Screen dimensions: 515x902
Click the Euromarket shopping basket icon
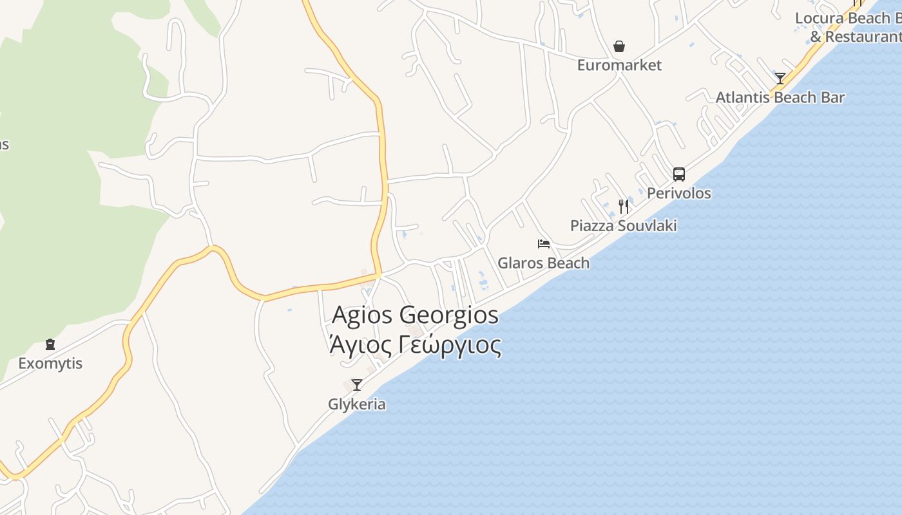point(619,46)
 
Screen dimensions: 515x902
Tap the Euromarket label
point(619,65)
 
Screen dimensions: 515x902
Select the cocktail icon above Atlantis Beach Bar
point(780,79)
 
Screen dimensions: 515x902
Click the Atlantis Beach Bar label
point(780,98)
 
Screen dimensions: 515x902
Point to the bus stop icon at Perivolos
point(679,174)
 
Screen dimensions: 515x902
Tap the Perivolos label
point(679,193)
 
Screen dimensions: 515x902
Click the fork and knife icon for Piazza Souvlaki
point(623,206)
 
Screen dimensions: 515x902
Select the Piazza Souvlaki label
point(623,226)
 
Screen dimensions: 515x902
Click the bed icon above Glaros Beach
point(544,244)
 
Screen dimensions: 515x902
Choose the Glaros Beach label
point(543,263)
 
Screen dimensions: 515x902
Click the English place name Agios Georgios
point(415,315)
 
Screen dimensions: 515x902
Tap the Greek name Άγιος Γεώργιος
point(415,346)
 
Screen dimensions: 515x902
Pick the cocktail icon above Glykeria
point(356,385)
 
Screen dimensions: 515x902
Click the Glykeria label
point(357,404)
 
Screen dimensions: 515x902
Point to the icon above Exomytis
point(50,344)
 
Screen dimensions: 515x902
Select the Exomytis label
point(50,364)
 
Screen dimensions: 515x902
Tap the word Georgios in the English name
point(449,315)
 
